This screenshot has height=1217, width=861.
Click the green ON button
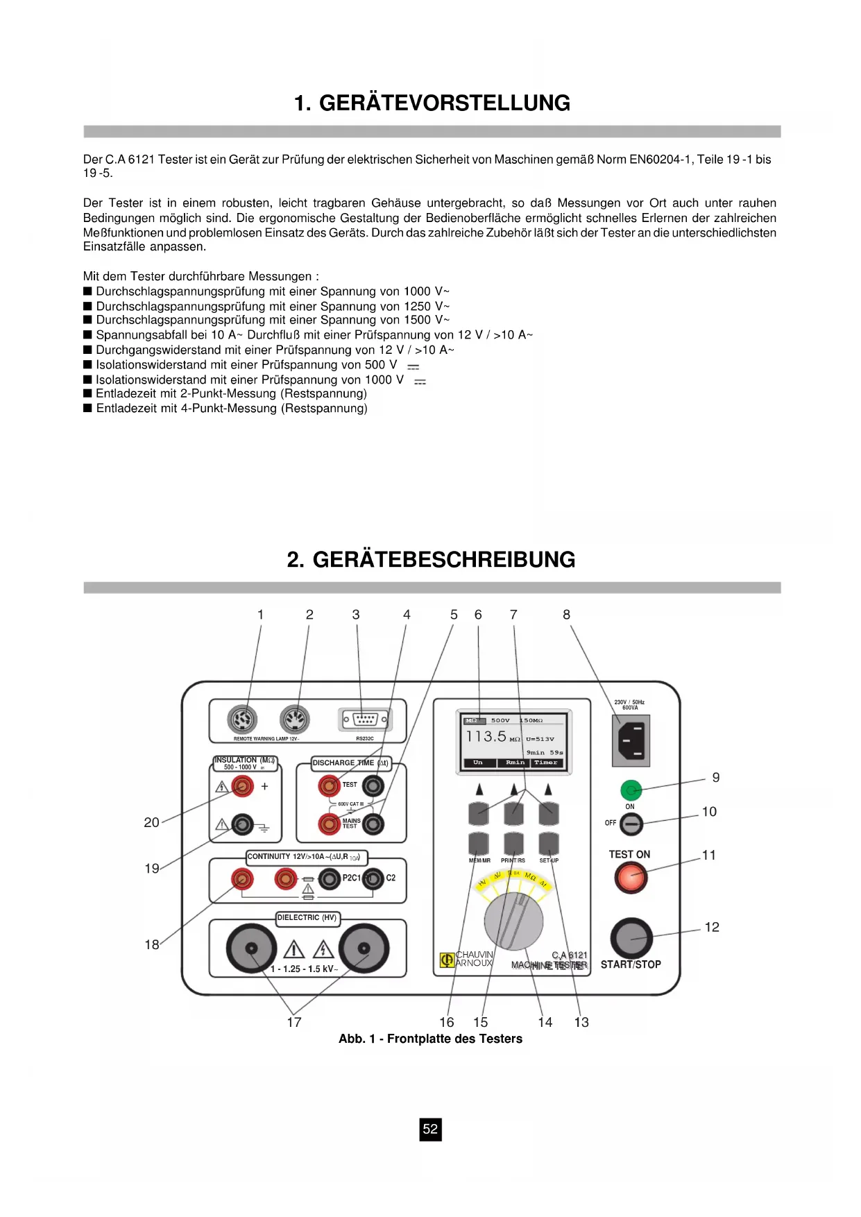coord(630,790)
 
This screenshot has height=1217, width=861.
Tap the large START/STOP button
coord(631,938)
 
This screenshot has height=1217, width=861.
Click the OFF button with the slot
coord(631,824)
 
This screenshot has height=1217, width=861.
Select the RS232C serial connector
coord(364,720)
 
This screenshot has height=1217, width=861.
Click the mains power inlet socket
coord(631,740)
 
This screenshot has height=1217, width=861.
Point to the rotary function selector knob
coord(513,921)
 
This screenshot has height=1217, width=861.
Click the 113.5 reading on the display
coord(486,736)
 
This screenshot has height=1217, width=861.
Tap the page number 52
coord(430,1129)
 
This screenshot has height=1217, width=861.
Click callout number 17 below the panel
coord(294,1022)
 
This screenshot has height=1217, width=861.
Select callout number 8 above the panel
coord(566,615)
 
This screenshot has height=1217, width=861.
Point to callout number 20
coord(151,822)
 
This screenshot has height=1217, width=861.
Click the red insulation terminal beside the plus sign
coord(242,786)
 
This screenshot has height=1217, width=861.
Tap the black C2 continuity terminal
coord(373,879)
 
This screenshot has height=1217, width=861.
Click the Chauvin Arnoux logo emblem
coord(447,960)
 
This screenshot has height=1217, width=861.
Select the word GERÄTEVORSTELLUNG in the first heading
coord(444,103)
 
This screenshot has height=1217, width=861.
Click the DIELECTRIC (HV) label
coord(307,918)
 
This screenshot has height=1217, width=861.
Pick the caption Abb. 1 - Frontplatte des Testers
coord(430,1039)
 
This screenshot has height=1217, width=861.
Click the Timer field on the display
coord(546,763)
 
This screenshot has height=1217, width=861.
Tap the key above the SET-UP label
coord(549,844)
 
